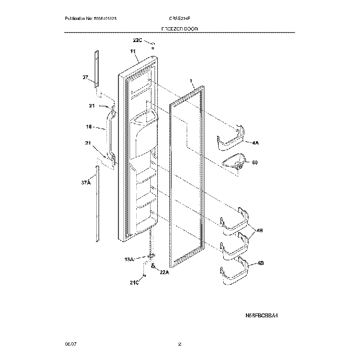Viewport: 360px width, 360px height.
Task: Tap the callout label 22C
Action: [137, 40]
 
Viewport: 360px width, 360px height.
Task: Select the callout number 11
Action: [133, 52]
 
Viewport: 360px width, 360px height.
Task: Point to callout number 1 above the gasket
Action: [191, 81]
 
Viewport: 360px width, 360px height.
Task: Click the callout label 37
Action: [85, 77]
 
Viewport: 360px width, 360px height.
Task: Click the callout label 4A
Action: [255, 143]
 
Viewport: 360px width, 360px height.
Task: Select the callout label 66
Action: [255, 163]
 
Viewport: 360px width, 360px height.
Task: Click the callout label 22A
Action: [164, 272]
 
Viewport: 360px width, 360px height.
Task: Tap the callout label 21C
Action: [135, 282]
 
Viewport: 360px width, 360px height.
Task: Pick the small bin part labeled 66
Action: [235, 162]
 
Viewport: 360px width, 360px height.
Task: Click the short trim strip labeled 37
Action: [96, 69]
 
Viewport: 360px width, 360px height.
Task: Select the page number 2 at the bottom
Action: [179, 344]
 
